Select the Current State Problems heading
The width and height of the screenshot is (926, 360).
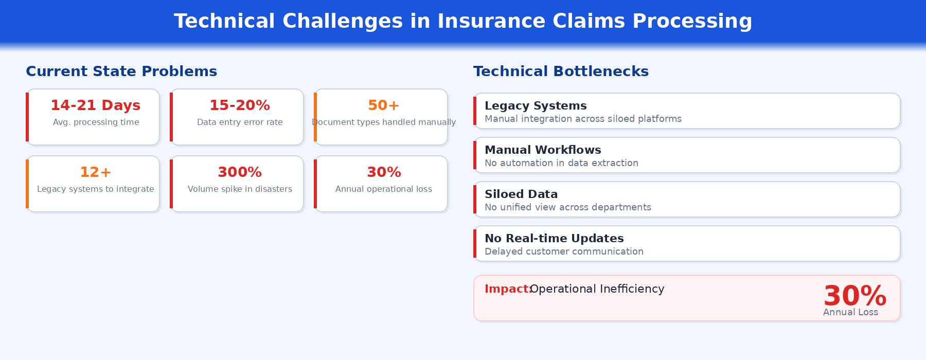click(x=121, y=71)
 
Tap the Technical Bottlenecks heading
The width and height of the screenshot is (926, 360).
click(x=561, y=71)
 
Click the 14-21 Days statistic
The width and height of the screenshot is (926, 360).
click(x=96, y=105)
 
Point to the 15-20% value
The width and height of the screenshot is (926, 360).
click(x=240, y=105)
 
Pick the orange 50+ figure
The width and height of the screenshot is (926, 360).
click(x=384, y=105)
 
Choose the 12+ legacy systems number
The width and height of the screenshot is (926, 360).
click(x=96, y=172)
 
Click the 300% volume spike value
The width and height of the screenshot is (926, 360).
click(x=240, y=172)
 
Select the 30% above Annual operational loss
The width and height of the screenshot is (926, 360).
click(x=384, y=172)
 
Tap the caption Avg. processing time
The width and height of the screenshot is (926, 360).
click(x=96, y=122)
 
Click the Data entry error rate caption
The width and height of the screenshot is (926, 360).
click(x=240, y=122)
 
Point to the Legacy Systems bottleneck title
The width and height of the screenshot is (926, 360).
click(x=536, y=106)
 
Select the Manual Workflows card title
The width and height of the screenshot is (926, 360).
click(x=543, y=150)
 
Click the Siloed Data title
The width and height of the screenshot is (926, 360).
click(x=521, y=194)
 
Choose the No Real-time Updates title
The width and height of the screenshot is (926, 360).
click(x=554, y=239)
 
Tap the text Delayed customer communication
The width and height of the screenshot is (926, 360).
click(x=564, y=251)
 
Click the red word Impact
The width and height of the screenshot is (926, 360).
click(x=507, y=289)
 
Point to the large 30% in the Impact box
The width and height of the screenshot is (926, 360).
click(x=854, y=296)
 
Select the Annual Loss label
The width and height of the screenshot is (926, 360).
click(x=850, y=312)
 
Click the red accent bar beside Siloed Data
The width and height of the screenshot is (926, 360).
click(x=475, y=199)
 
